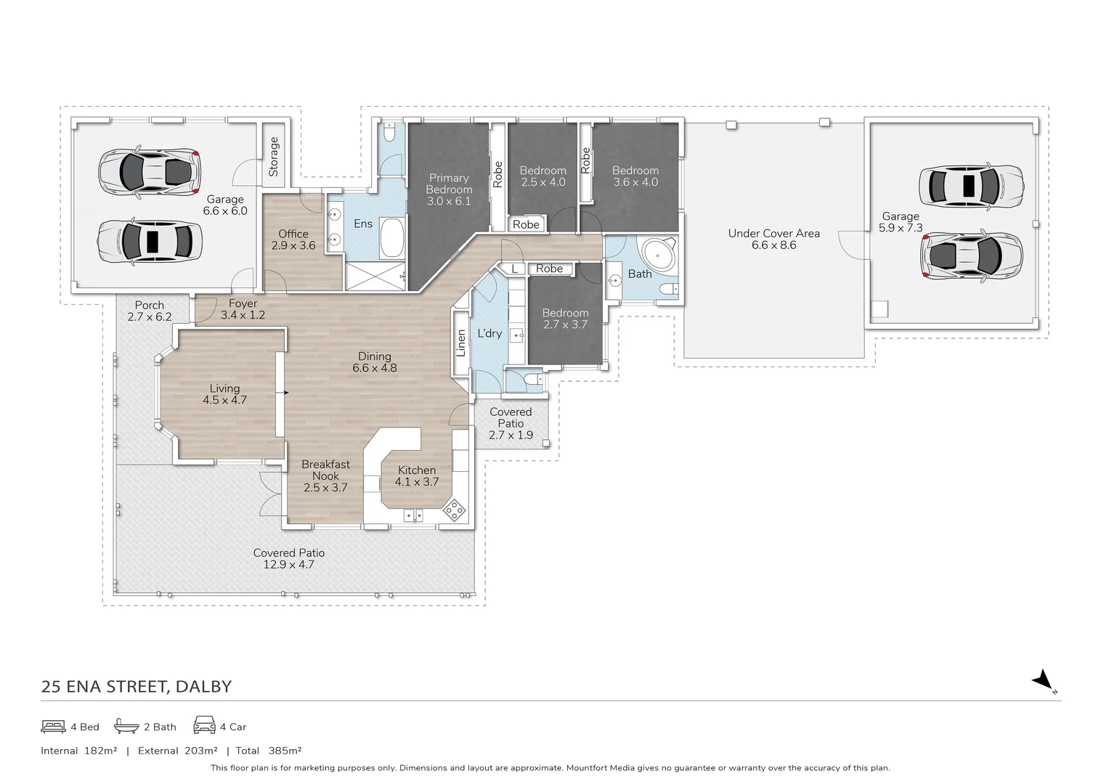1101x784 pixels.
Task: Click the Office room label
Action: point(293,234)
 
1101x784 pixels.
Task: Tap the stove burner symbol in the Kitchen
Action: point(455,510)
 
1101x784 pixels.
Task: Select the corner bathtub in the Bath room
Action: point(660,255)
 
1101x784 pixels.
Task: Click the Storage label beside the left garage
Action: point(274,157)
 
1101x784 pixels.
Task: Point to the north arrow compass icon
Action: point(1044,680)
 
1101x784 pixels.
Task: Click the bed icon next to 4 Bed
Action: point(53,726)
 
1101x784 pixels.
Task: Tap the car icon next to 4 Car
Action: point(204,726)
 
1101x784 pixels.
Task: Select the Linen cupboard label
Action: point(460,343)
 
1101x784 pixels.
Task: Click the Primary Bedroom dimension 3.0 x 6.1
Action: point(449,201)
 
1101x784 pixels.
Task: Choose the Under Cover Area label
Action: point(773,233)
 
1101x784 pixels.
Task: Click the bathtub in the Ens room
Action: point(392,239)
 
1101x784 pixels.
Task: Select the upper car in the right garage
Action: point(970,186)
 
